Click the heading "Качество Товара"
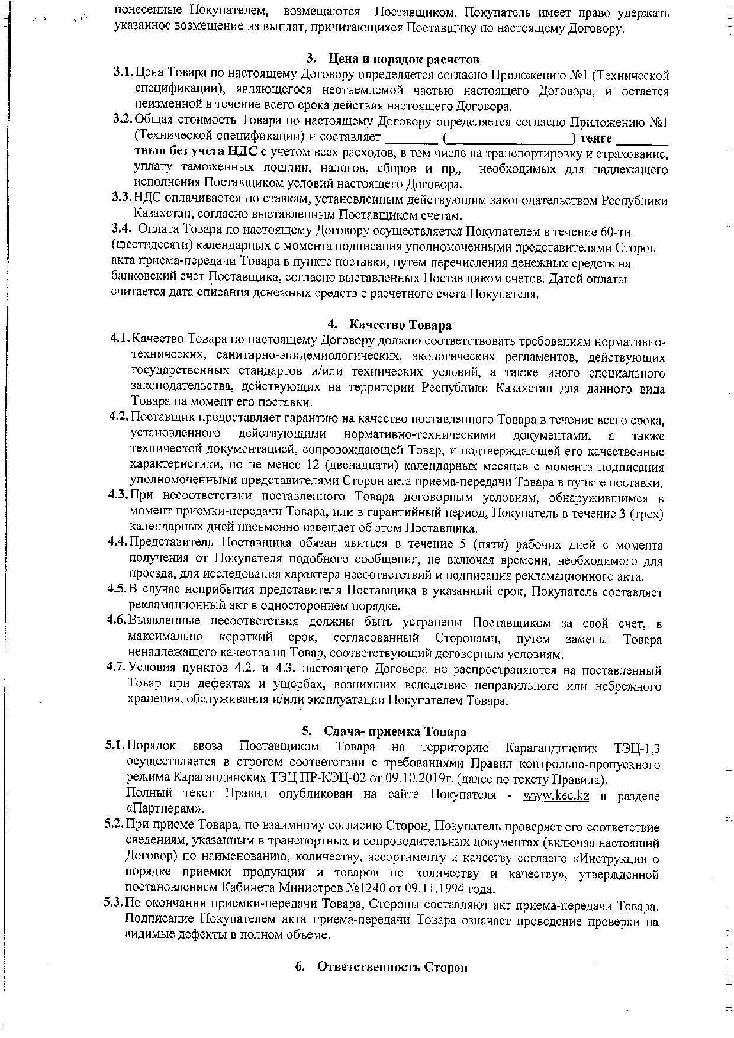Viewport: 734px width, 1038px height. (x=400, y=325)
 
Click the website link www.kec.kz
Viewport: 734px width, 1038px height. (x=556, y=796)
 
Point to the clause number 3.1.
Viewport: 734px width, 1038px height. (x=123, y=75)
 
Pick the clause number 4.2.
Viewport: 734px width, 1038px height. (x=119, y=419)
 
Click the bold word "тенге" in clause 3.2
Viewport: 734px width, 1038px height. (x=596, y=138)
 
